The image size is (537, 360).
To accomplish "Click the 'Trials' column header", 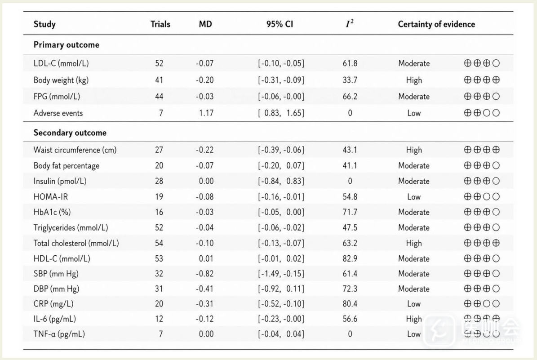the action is (160, 24).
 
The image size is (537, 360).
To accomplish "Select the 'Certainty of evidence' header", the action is (436, 24).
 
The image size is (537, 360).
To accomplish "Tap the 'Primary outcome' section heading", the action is (67, 45).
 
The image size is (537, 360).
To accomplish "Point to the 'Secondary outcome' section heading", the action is (70, 133).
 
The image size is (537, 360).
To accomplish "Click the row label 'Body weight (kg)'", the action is (61, 80).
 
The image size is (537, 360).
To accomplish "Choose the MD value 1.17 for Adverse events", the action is (206, 113).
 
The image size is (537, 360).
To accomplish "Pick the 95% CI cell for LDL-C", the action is (281, 63).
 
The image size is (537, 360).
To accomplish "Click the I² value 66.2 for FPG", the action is (350, 97).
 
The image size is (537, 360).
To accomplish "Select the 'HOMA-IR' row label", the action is (51, 196).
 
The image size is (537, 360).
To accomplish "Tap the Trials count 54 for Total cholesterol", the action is (159, 243).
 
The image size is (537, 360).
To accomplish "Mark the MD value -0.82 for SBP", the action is (205, 274).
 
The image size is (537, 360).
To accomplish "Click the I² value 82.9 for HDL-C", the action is (350, 258).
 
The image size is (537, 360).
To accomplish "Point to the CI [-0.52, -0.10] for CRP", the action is (281, 304).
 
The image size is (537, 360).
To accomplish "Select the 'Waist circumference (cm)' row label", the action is (75, 150).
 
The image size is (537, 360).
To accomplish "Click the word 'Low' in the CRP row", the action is (414, 304).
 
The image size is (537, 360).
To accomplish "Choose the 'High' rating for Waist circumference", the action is (414, 150).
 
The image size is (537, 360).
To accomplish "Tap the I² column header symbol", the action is (350, 23).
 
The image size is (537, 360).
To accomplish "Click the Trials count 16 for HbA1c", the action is (159, 212).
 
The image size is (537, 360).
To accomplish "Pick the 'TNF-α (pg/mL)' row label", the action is (59, 334).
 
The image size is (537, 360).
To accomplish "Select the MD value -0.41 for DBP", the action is (205, 289).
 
